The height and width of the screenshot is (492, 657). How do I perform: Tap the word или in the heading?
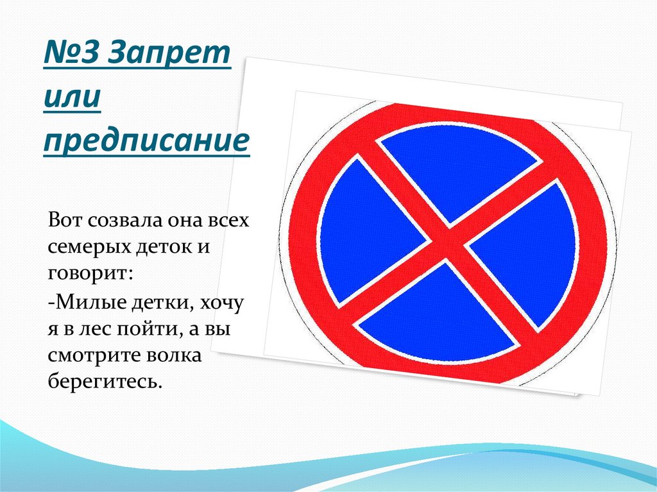[x=73, y=99]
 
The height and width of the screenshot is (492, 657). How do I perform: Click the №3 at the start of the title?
[x=72, y=58]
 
